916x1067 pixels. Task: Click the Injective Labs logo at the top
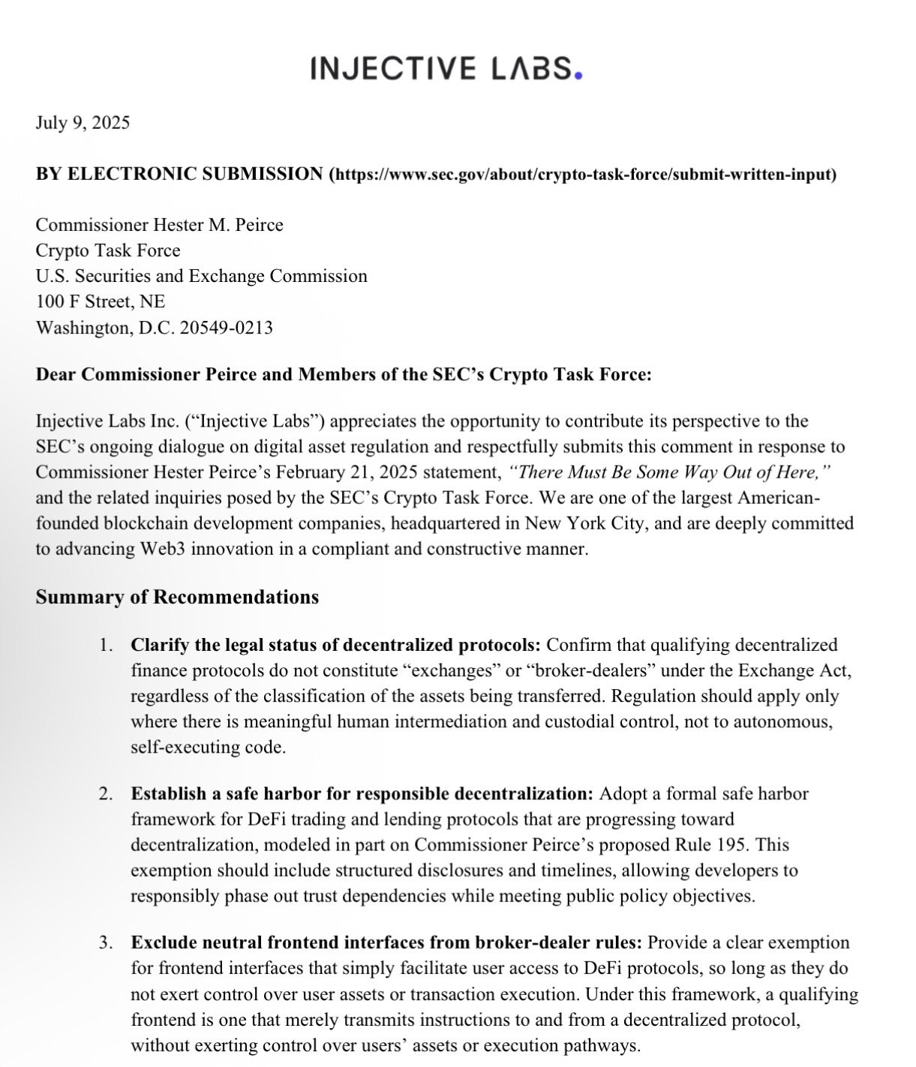point(446,69)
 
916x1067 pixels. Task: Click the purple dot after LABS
point(577,74)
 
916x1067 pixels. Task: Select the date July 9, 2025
point(83,122)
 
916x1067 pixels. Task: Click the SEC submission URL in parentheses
point(583,175)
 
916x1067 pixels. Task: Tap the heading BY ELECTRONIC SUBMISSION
point(179,174)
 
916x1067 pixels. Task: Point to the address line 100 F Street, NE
point(101,301)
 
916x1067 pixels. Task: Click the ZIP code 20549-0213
point(226,328)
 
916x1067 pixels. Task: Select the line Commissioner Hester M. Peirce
point(160,225)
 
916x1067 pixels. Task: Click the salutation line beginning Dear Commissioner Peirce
point(344,374)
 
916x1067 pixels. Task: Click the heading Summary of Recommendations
point(177,597)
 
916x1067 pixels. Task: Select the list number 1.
point(107,645)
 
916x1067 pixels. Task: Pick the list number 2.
point(107,793)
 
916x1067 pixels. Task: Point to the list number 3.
point(107,943)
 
